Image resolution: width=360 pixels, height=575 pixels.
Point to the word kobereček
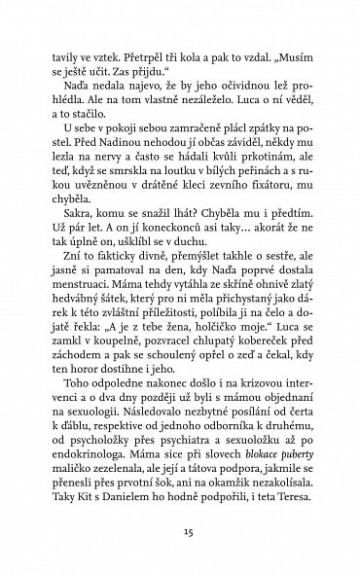pyautogui.click(x=267, y=400)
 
